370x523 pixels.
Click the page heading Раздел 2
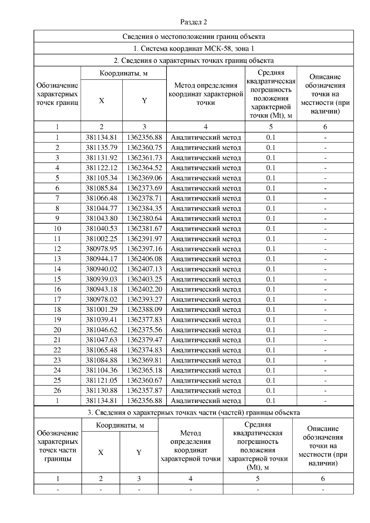click(x=193, y=22)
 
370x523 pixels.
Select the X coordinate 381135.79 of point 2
click(x=101, y=148)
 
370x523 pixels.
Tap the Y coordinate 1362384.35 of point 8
click(x=144, y=208)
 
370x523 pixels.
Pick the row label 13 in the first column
click(x=57, y=259)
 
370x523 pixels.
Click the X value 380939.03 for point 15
click(x=101, y=279)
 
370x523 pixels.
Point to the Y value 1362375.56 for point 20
click(x=144, y=330)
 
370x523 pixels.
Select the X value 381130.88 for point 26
click(x=101, y=391)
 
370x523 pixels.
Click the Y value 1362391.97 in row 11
click(x=144, y=239)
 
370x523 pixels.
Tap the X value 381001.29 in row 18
click(x=101, y=310)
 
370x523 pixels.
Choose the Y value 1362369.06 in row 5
click(x=144, y=178)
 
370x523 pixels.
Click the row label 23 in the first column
click(x=57, y=360)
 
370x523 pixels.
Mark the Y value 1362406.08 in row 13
click(x=144, y=259)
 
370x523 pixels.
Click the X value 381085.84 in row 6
click(x=101, y=188)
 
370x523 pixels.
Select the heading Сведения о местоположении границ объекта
click(x=193, y=36)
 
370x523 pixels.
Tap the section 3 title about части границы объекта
click(x=193, y=412)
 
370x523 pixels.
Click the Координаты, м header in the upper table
click(x=123, y=73)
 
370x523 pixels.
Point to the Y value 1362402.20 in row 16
click(x=144, y=289)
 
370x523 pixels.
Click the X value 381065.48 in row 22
click(x=101, y=350)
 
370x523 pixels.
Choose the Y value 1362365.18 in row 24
click(x=144, y=370)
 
